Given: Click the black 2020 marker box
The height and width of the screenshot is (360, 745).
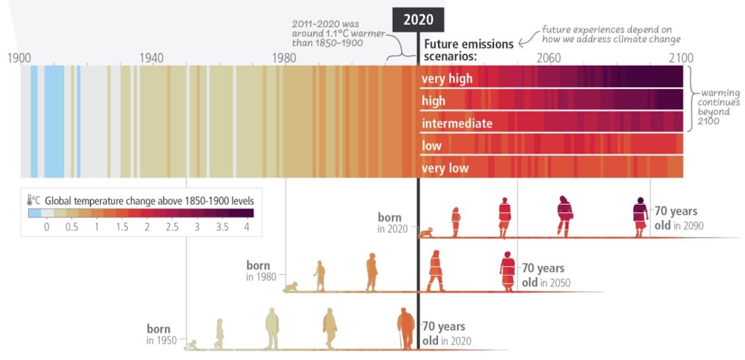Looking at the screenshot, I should pyautogui.click(x=418, y=19).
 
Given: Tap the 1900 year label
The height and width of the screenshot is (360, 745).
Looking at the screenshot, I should pyautogui.click(x=20, y=58).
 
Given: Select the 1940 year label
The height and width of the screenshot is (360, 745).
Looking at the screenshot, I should pyautogui.click(x=151, y=58).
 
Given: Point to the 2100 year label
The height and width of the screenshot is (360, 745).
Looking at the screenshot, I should pyautogui.click(x=680, y=58).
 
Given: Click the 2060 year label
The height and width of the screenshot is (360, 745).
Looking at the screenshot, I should pyautogui.click(x=548, y=58).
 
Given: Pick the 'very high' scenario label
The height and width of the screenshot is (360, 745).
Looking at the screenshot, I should pyautogui.click(x=447, y=79).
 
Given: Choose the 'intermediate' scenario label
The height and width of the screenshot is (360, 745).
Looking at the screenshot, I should pyautogui.click(x=457, y=124).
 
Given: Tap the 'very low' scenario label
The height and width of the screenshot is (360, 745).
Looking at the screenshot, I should pyautogui.click(x=445, y=168).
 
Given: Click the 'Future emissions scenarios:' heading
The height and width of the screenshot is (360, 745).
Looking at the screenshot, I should pyautogui.click(x=469, y=50).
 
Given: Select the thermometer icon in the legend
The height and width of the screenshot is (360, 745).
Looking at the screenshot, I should pyautogui.click(x=31, y=200).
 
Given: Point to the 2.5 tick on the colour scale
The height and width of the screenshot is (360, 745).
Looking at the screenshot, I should pyautogui.click(x=172, y=227).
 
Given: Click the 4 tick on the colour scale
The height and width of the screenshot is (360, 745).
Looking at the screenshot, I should pyautogui.click(x=246, y=227).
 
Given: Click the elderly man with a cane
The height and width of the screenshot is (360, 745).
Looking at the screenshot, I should pyautogui.click(x=406, y=329).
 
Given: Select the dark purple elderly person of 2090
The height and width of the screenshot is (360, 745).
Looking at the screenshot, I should pyautogui.click(x=639, y=217).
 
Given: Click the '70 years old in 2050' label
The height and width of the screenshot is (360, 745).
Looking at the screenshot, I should pyautogui.click(x=544, y=275).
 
